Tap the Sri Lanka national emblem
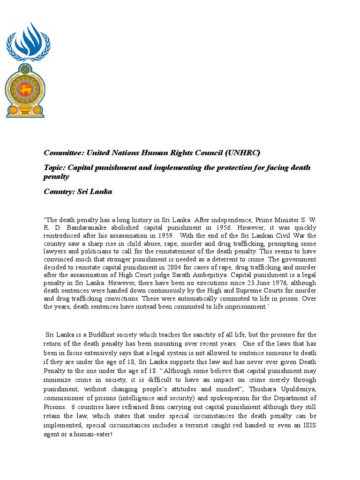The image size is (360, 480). click(x=25, y=90)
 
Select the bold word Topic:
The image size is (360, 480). click(x=55, y=168)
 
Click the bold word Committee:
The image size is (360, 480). click(x=63, y=153)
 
